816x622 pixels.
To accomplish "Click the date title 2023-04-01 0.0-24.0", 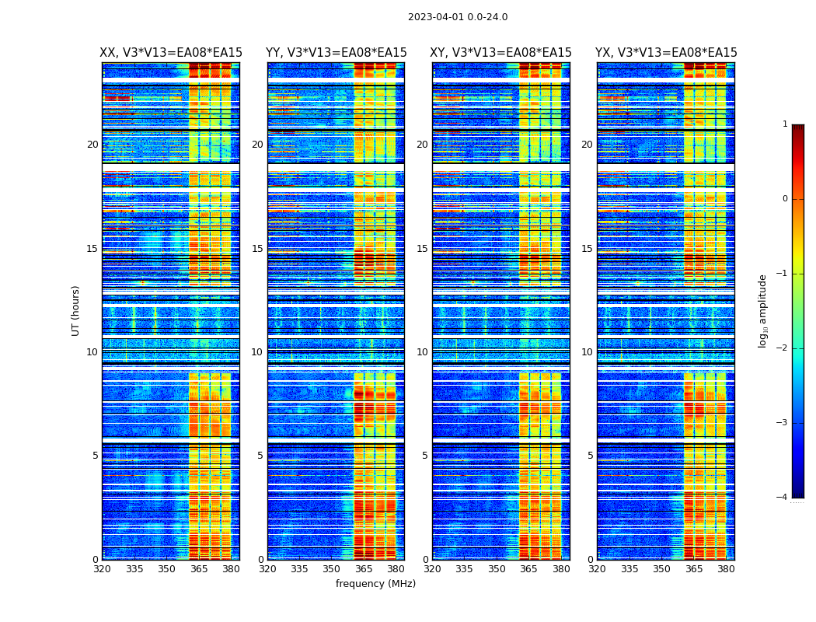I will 458,17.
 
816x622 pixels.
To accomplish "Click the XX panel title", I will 171,53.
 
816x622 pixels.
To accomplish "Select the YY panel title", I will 336,53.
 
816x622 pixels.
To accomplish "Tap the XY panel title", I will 501,53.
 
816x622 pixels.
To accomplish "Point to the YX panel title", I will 666,53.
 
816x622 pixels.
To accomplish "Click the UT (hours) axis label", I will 76,310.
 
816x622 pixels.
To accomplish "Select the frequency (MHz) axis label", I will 375,584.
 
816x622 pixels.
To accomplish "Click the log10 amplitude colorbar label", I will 763,310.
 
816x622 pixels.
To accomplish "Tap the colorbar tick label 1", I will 785,124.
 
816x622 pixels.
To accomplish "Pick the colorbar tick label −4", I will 783,498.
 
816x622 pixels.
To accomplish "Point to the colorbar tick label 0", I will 785,199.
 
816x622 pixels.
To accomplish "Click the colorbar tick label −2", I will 783,348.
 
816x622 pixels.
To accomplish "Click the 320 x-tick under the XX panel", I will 102,569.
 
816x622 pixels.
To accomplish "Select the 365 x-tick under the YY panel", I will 364,569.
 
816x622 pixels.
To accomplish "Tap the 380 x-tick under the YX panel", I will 726,569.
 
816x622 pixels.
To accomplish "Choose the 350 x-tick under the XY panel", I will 497,569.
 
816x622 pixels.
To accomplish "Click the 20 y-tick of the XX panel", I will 92,145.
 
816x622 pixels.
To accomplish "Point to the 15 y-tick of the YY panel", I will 257,249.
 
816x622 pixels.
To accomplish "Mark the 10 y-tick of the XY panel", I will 422,352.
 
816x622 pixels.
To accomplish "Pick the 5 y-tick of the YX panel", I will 591,456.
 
